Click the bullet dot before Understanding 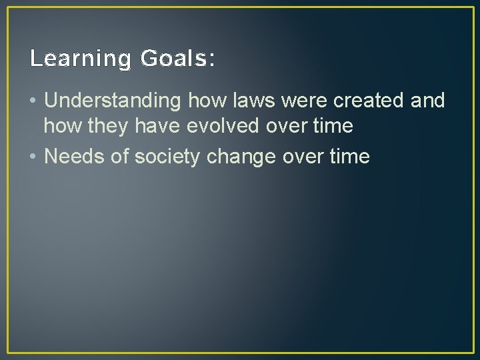coord(34,101)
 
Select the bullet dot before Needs coord(34,157)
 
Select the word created coord(367,101)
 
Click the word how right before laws coord(204,101)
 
